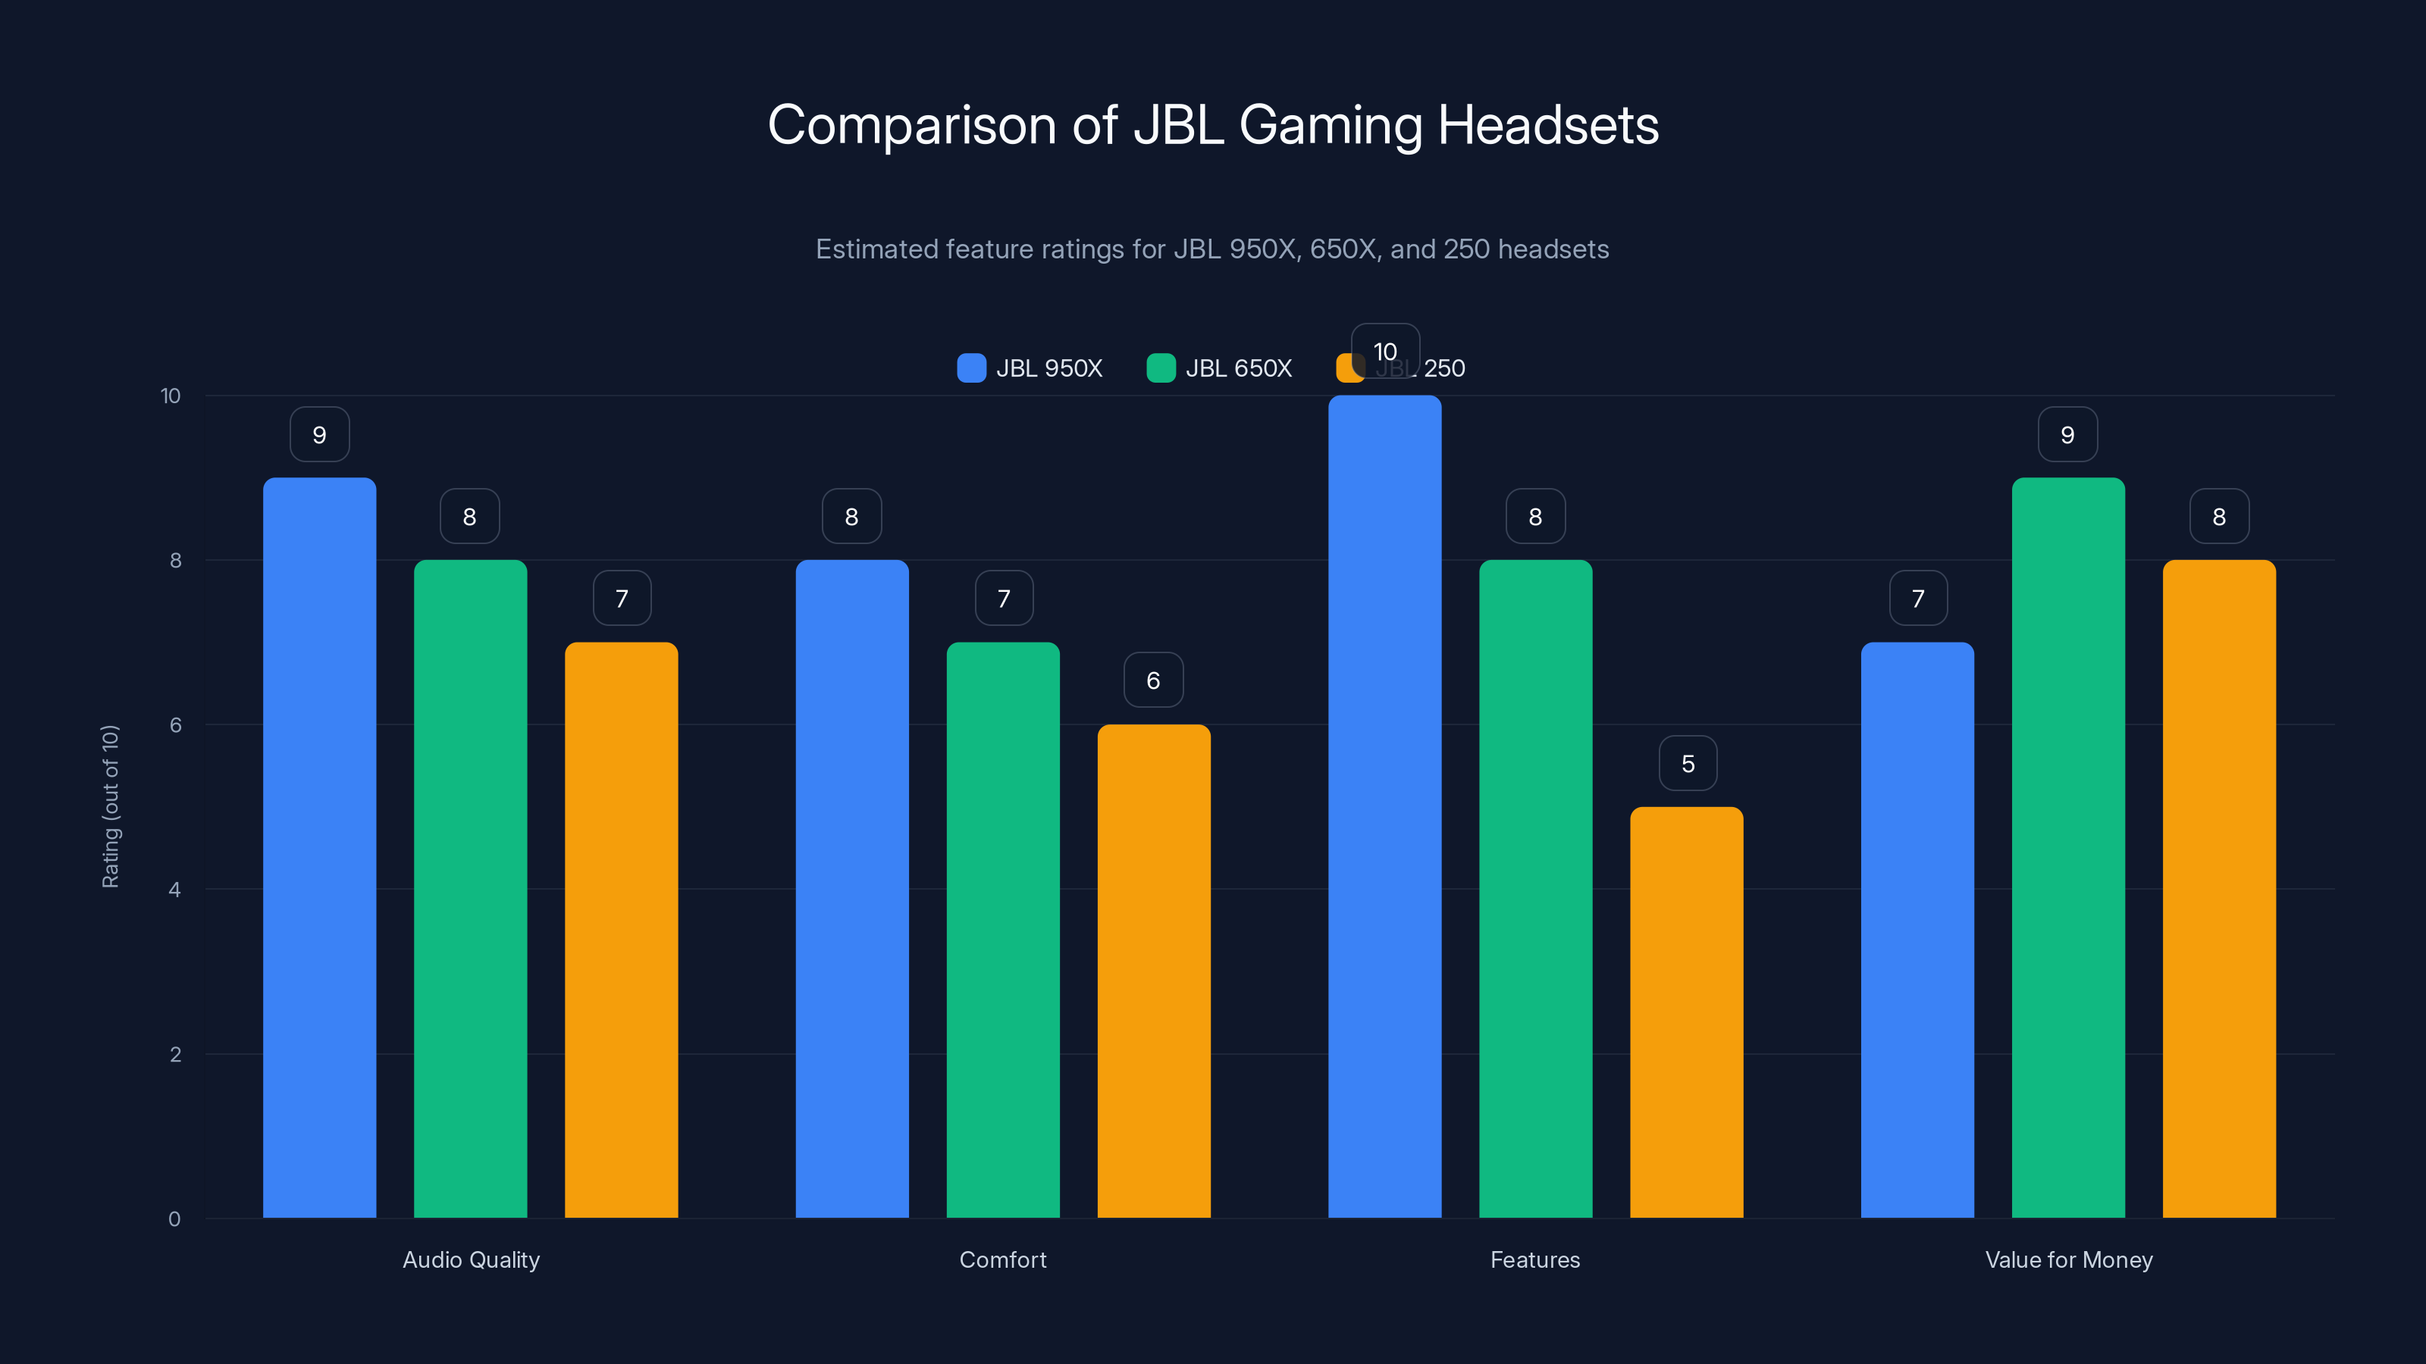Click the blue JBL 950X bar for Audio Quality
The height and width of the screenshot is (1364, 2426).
click(319, 847)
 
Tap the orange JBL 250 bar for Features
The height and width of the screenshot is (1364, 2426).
click(1687, 1012)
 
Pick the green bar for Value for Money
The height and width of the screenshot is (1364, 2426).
click(2068, 847)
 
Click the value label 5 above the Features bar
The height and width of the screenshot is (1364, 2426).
click(1688, 763)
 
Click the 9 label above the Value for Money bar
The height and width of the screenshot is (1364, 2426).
click(2067, 435)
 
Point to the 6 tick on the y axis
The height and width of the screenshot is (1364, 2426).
click(175, 725)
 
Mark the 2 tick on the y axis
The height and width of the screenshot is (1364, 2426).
click(175, 1054)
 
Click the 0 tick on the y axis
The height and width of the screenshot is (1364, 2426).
click(174, 1219)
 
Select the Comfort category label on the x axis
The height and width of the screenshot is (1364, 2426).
click(1003, 1259)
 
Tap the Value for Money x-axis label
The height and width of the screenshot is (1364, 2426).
click(2068, 1259)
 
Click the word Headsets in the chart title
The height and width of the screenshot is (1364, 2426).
click(1548, 125)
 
